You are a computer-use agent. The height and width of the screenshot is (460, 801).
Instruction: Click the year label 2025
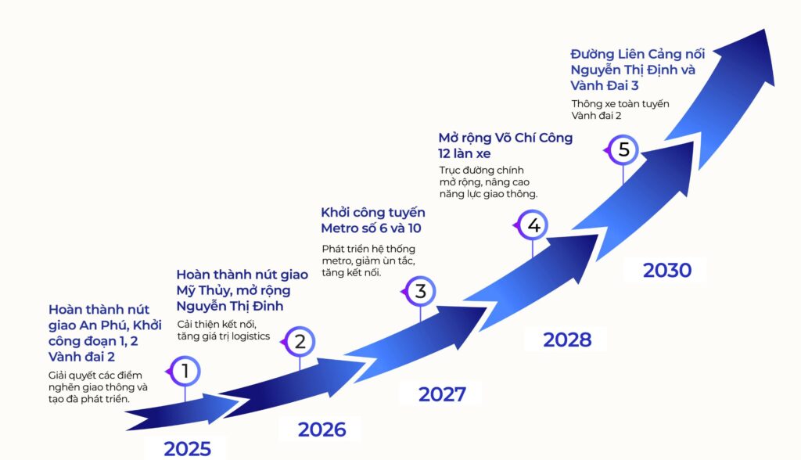[187, 449]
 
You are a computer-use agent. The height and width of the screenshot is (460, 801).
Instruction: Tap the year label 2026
[321, 429]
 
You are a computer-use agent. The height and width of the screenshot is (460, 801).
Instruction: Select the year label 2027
[442, 394]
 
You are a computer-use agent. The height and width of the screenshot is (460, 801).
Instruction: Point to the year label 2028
[567, 340]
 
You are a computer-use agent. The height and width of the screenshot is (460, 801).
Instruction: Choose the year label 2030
[667, 270]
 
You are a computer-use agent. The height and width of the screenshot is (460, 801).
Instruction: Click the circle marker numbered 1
[185, 371]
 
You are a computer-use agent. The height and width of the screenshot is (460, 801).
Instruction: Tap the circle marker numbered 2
[299, 341]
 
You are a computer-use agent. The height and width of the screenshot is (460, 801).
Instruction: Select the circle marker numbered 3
[419, 291]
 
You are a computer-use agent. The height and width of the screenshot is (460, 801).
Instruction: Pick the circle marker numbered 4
[532, 225]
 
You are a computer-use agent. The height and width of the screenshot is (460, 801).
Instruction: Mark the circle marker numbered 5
[622, 149]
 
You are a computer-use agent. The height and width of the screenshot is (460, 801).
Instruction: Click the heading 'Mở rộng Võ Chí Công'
[505, 138]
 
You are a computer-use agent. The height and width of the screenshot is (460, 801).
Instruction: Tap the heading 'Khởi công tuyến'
[373, 213]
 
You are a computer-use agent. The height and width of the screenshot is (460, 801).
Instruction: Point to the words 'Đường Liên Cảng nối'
[638, 54]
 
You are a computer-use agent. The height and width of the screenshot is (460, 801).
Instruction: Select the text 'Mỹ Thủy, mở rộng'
[233, 291]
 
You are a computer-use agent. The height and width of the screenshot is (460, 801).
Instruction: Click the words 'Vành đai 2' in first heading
[81, 356]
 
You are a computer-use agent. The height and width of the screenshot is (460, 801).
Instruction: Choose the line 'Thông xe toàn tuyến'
[620, 104]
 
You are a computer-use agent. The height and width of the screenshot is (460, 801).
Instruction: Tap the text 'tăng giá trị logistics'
[223, 336]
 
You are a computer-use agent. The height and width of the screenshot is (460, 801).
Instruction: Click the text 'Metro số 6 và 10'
[371, 228]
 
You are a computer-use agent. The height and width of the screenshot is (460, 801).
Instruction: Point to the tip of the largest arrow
[765, 29]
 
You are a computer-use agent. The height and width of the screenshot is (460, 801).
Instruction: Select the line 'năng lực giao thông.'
[488, 194]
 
